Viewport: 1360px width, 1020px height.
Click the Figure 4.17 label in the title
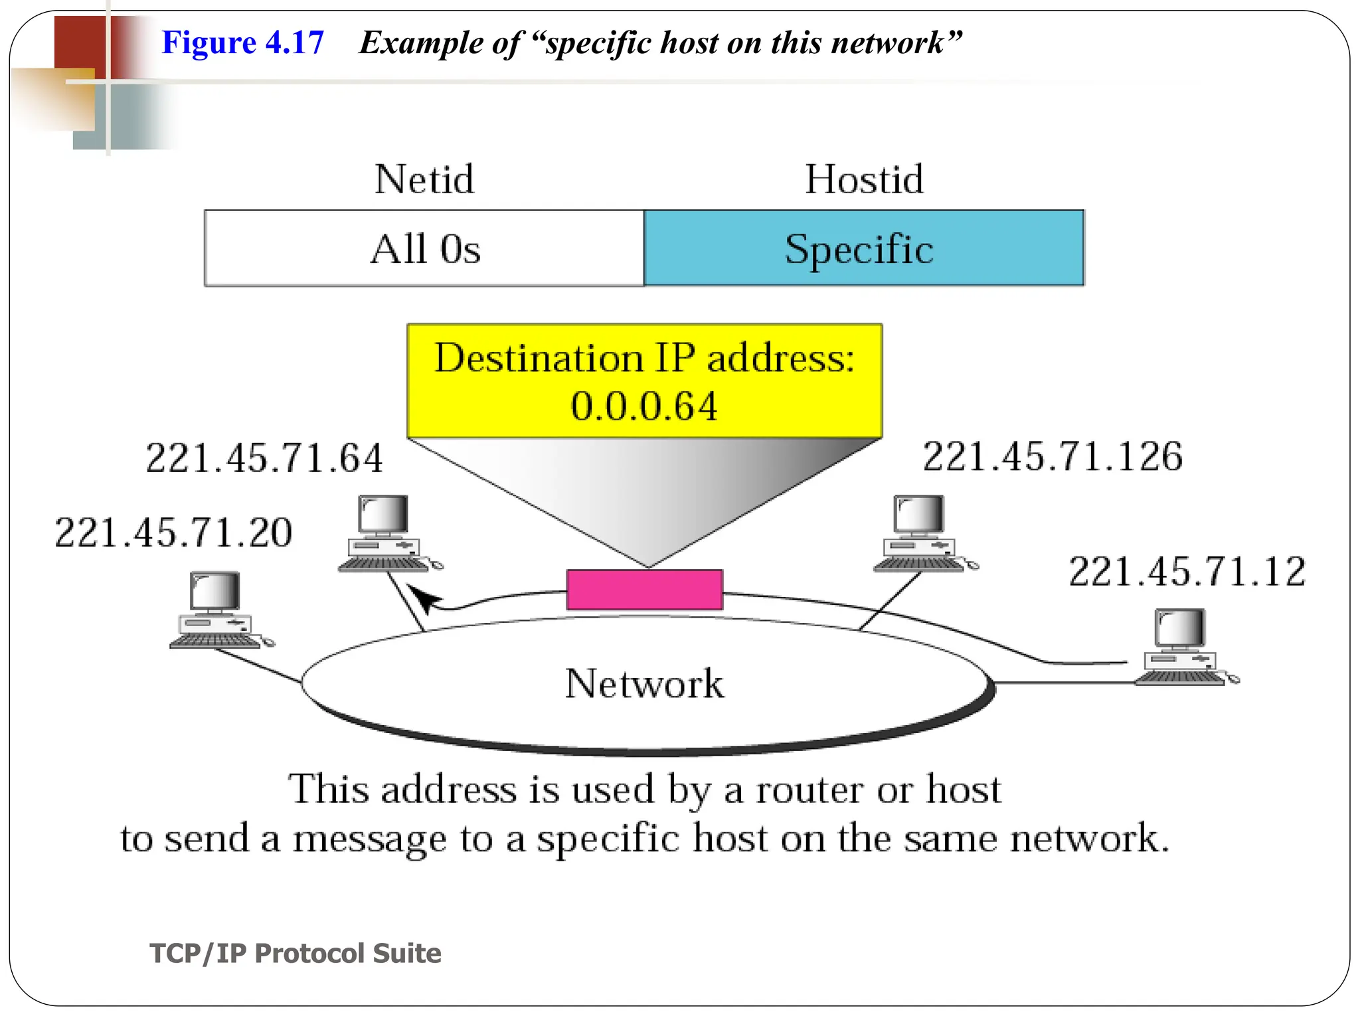pos(242,42)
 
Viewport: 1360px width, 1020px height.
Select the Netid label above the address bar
pos(424,179)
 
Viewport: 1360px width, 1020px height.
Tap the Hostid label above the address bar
pos(864,179)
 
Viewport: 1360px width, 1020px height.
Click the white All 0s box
pos(424,249)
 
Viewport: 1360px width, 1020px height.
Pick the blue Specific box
pos(863,249)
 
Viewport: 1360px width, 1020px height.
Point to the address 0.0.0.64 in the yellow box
pos(644,406)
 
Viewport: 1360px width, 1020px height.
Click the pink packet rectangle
pos(644,590)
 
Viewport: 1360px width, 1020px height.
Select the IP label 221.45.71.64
pos(264,458)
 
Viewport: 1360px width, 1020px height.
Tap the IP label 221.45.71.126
pos(1053,457)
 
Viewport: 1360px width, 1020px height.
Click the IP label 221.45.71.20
pos(173,533)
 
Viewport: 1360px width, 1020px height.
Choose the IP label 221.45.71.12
pos(1187,572)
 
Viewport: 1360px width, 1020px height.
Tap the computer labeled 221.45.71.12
pos(1181,647)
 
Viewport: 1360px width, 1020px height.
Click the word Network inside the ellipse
pos(644,683)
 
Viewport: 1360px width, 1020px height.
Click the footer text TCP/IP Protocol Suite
pos(296,953)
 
